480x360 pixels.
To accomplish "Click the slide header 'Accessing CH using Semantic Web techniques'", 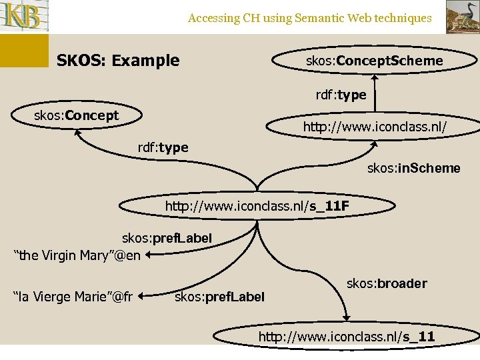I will click(x=309, y=18).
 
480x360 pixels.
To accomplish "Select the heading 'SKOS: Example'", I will click(x=118, y=61).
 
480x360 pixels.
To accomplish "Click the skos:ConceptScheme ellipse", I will click(x=373, y=61).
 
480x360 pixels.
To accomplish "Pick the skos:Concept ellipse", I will click(x=77, y=116).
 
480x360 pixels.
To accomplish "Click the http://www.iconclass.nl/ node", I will click(x=374, y=127).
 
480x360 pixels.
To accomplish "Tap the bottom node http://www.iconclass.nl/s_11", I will click(x=346, y=337).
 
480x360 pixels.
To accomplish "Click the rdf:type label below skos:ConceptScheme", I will click(x=341, y=95).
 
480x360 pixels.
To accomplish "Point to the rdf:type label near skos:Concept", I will click(x=163, y=147).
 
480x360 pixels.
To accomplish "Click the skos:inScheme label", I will click(x=413, y=168).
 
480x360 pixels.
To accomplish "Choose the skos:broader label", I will click(x=387, y=283).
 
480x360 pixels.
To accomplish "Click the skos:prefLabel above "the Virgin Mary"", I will click(x=167, y=238).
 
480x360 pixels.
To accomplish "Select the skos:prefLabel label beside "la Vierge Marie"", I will click(x=219, y=296).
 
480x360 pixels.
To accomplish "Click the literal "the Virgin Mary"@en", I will click(x=77, y=255).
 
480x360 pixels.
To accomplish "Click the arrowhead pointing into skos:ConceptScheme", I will click(x=375, y=77).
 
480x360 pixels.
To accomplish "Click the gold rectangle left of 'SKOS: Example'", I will click(x=24, y=51).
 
